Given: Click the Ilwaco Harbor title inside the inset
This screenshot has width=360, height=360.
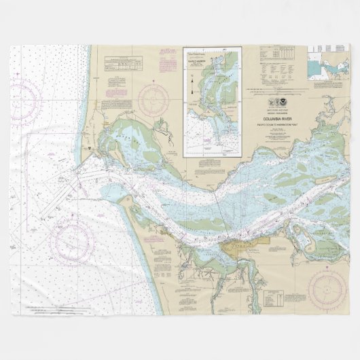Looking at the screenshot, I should (x=212, y=60).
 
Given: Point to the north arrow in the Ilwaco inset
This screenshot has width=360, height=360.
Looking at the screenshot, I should (x=194, y=88).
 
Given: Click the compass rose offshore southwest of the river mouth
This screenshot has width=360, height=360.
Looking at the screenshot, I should (x=71, y=240).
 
